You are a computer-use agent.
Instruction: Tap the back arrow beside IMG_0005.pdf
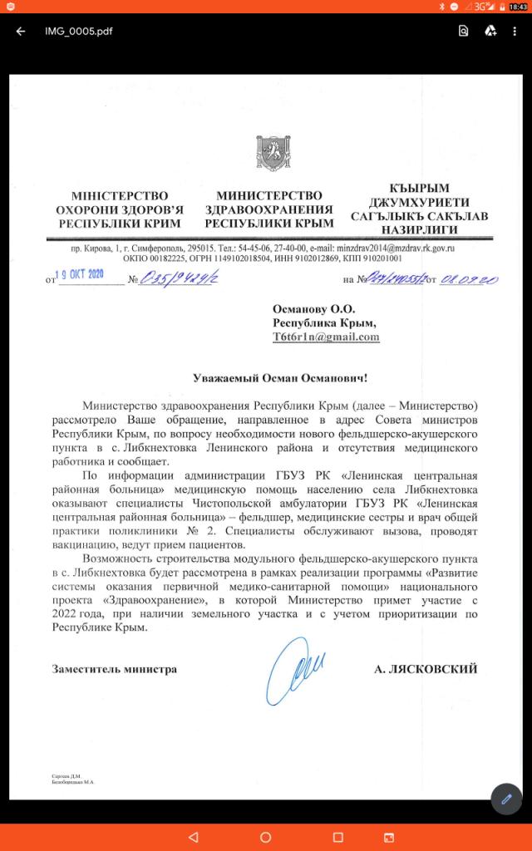[x=20, y=32]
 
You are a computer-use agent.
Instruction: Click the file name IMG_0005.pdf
[x=79, y=32]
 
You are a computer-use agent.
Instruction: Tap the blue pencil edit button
[x=506, y=798]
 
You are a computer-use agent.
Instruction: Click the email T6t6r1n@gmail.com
[x=326, y=337]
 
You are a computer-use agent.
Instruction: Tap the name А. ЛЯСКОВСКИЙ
[x=426, y=667]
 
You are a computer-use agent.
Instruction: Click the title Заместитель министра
[x=114, y=667]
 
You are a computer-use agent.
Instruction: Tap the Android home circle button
[x=266, y=836]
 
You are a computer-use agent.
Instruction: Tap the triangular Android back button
[x=194, y=836]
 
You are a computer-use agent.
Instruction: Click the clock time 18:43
[x=515, y=7]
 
